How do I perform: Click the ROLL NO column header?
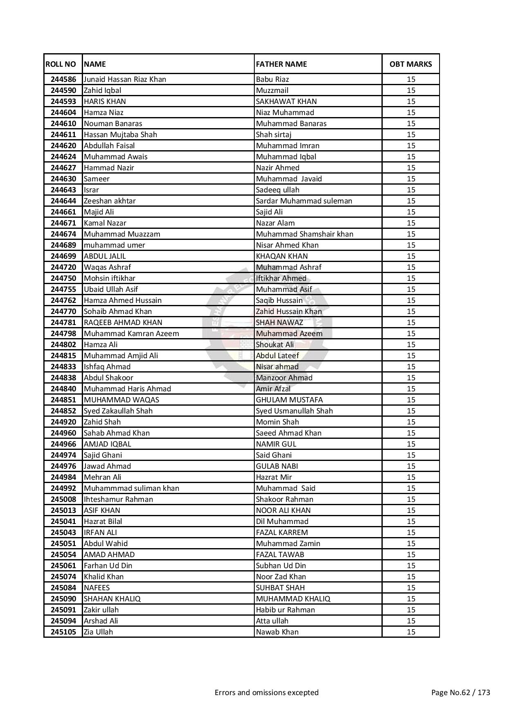point(61,64)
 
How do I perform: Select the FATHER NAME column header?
point(281,64)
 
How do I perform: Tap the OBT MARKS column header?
point(411,64)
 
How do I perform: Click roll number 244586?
point(63,79)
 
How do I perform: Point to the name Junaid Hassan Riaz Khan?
point(125,79)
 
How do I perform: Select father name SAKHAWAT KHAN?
point(286,102)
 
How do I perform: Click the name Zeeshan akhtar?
point(110,201)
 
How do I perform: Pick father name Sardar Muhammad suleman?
point(304,201)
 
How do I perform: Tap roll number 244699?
point(63,256)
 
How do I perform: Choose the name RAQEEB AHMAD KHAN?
point(123,323)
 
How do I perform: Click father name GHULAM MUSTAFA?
point(289,400)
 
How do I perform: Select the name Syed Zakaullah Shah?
point(118,411)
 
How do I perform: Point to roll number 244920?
point(63,422)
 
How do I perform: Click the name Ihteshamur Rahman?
point(118,499)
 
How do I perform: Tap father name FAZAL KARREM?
point(282,533)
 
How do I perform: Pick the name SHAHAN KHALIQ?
point(112,599)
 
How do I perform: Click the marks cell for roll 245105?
point(411,632)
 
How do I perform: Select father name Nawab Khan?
point(277,632)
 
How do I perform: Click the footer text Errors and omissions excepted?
point(267,693)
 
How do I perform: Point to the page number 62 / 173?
point(461,693)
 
